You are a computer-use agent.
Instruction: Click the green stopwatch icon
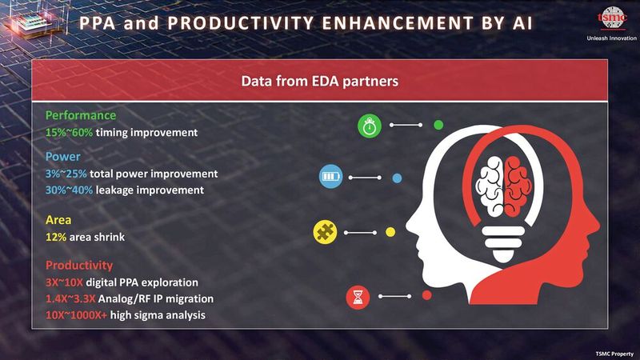tap(370, 126)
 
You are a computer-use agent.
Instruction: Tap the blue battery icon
tap(330, 176)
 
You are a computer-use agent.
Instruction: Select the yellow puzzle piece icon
tap(325, 232)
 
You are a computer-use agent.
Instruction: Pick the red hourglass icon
tap(357, 298)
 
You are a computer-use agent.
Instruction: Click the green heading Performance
tap(80, 114)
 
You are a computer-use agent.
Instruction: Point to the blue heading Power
tap(62, 157)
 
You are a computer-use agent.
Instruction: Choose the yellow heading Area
tap(58, 220)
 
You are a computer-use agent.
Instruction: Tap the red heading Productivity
tap(79, 266)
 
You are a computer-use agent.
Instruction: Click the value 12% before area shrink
tap(56, 237)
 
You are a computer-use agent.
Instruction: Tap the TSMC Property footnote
tap(614, 353)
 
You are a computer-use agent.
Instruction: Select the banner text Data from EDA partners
tap(320, 82)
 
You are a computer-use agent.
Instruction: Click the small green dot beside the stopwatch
tap(438, 125)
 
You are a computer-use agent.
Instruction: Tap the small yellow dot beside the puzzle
tap(390, 232)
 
